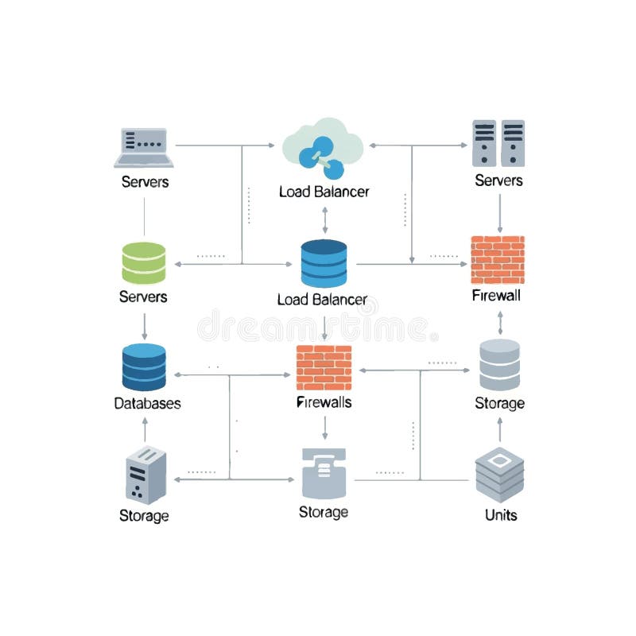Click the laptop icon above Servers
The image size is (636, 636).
click(144, 147)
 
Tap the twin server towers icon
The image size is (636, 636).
click(498, 143)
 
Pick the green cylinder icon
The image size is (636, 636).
click(144, 263)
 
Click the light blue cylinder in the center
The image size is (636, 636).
click(324, 263)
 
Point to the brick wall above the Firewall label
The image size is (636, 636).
click(498, 260)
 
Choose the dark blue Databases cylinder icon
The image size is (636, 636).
click(144, 366)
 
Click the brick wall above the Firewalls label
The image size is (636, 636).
click(324, 367)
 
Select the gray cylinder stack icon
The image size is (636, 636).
click(499, 365)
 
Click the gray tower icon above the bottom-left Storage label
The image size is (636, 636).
click(145, 475)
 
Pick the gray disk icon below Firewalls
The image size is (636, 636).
click(324, 473)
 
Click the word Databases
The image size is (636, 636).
click(147, 403)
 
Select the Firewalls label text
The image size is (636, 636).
click(324, 402)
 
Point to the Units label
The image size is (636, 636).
click(501, 515)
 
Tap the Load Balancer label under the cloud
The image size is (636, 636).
click(324, 192)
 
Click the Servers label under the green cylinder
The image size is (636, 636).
click(143, 297)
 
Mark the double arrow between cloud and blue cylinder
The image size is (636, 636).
click(324, 219)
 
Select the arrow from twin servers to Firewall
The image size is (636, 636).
click(499, 211)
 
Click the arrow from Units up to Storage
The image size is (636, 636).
click(499, 430)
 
